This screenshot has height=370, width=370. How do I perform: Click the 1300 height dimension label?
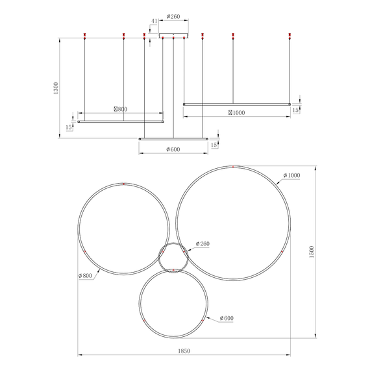pos(56,88)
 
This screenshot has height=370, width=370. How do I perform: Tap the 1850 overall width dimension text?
pos(184,351)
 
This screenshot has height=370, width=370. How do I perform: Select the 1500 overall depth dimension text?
pos(312,252)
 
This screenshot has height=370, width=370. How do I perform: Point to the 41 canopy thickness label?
pos(154,21)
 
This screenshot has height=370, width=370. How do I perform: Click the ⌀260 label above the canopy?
pos(173,16)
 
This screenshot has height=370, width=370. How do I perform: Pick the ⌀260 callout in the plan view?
pos(203,244)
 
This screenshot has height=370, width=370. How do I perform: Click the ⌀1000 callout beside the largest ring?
pos(291,175)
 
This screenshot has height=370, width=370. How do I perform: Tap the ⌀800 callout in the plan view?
pos(85,276)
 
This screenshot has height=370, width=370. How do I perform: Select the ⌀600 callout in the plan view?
pos(227,318)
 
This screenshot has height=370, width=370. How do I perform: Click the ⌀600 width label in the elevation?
pos(173,149)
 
